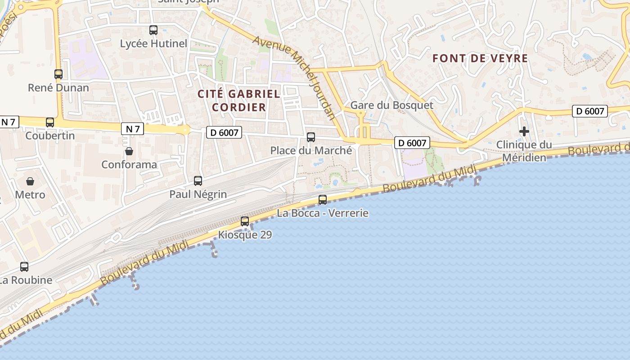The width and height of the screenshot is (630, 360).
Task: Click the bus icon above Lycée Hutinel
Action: pyautogui.click(x=153, y=30)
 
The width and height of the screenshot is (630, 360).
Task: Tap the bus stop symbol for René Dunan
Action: pyautogui.click(x=58, y=74)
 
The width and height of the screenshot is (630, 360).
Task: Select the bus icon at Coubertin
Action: pyautogui.click(x=50, y=122)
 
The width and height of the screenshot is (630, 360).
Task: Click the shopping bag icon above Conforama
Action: pyautogui.click(x=129, y=151)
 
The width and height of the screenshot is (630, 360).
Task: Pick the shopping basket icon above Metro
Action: pyautogui.click(x=30, y=181)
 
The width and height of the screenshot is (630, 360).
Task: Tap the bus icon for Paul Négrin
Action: pyautogui.click(x=198, y=181)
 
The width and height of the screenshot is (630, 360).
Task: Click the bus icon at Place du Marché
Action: pyautogui.click(x=311, y=137)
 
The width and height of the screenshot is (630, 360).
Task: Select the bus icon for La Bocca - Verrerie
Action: pyautogui.click(x=323, y=199)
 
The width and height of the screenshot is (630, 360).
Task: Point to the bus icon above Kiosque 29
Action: pyautogui.click(x=245, y=221)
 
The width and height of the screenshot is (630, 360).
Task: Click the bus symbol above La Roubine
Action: pyautogui.click(x=24, y=266)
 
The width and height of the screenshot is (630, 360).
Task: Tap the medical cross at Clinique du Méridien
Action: pyautogui.click(x=524, y=131)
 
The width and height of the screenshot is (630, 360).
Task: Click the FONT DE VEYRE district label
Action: pyautogui.click(x=480, y=58)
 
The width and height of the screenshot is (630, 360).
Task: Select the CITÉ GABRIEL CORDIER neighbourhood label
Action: pyautogui.click(x=239, y=100)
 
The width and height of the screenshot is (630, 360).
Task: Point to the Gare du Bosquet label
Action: pyautogui.click(x=391, y=105)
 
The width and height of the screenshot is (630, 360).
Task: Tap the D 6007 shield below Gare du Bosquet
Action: pyautogui.click(x=412, y=143)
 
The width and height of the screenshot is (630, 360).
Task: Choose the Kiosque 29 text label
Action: pyautogui.click(x=245, y=234)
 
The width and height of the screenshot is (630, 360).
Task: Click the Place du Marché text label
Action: pyautogui.click(x=311, y=150)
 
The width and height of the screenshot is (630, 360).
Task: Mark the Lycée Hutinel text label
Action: pyautogui.click(x=153, y=44)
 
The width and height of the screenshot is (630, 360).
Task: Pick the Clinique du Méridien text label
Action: pyautogui.click(x=524, y=151)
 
